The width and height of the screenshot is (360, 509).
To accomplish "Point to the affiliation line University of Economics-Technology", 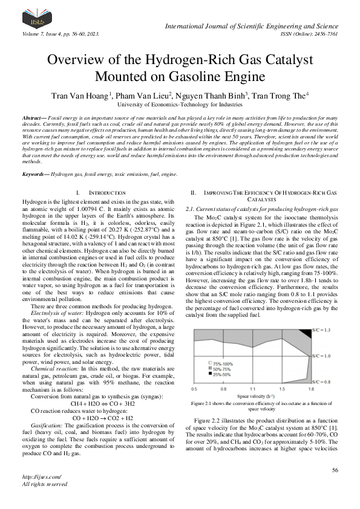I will coord(180,104).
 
